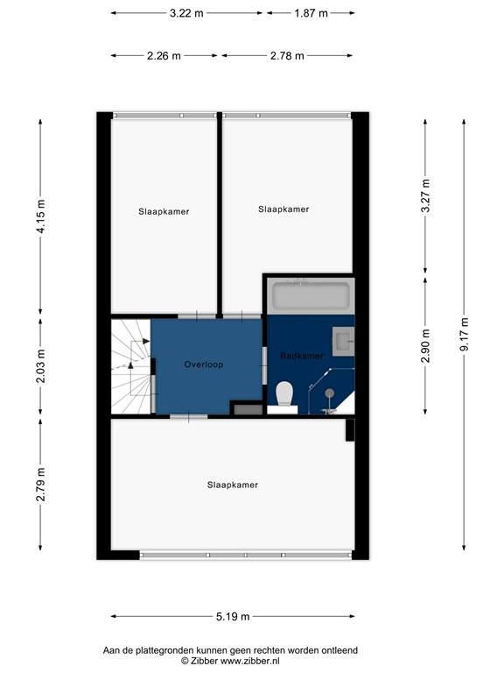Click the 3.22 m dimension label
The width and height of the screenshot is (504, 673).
click(x=187, y=13)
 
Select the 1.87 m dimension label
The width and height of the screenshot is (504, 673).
click(x=311, y=13)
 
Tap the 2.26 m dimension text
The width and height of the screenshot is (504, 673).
click(x=164, y=56)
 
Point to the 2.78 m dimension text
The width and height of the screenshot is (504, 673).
click(x=287, y=56)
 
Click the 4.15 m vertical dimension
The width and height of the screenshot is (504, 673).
click(x=40, y=215)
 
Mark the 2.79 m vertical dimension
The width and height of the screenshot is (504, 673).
click(x=40, y=485)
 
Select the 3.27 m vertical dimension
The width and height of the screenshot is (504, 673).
click(x=426, y=196)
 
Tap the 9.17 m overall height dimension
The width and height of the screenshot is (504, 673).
click(x=465, y=334)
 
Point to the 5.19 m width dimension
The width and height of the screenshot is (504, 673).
click(x=232, y=617)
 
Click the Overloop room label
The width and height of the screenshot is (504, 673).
click(x=204, y=364)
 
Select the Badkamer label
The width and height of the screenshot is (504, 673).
click(x=302, y=356)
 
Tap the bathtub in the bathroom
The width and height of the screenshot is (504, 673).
click(x=310, y=295)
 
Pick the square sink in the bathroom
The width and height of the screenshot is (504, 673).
click(x=342, y=340)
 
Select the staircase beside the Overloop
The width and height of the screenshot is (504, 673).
click(x=129, y=365)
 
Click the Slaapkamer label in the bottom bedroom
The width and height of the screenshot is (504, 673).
click(x=233, y=485)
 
